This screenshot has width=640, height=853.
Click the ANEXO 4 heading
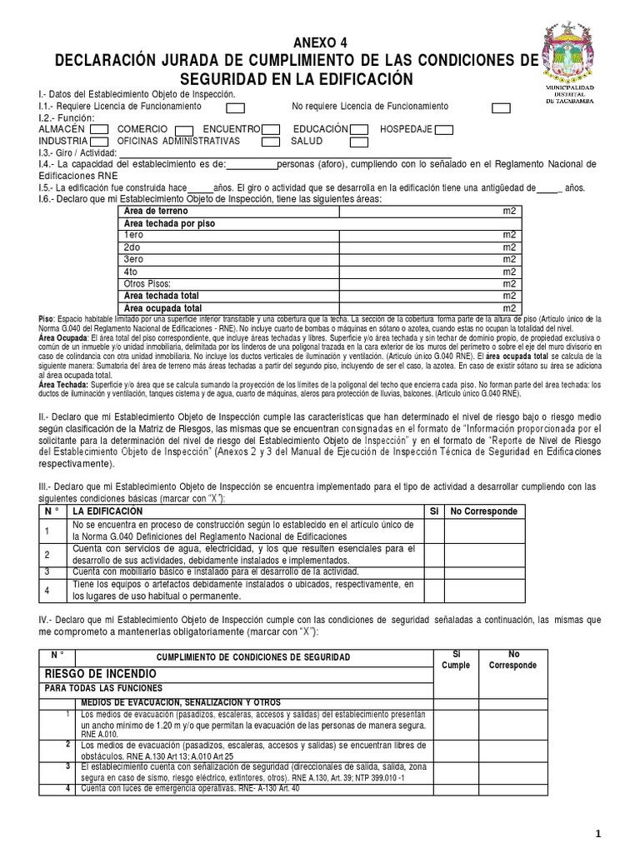pyautogui.click(x=320, y=43)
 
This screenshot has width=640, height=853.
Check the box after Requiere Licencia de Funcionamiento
pyautogui.click(x=236, y=107)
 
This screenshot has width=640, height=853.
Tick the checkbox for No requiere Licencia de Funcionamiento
pyautogui.click(x=500, y=107)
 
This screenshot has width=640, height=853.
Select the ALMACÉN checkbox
pyautogui.click(x=97, y=130)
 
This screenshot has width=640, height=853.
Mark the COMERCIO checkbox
pyautogui.click(x=185, y=130)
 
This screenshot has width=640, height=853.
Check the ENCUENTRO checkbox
pyautogui.click(x=270, y=130)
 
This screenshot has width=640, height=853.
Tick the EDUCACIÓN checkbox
pyautogui.click(x=359, y=130)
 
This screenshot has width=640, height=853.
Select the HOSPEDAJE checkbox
pyautogui.click(x=444, y=130)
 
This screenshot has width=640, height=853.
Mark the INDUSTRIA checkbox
pyautogui.click(x=97, y=142)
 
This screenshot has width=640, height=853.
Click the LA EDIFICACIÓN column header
pyautogui.click(x=107, y=510)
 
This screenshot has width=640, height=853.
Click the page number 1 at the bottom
pyautogui.click(x=620, y=834)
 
